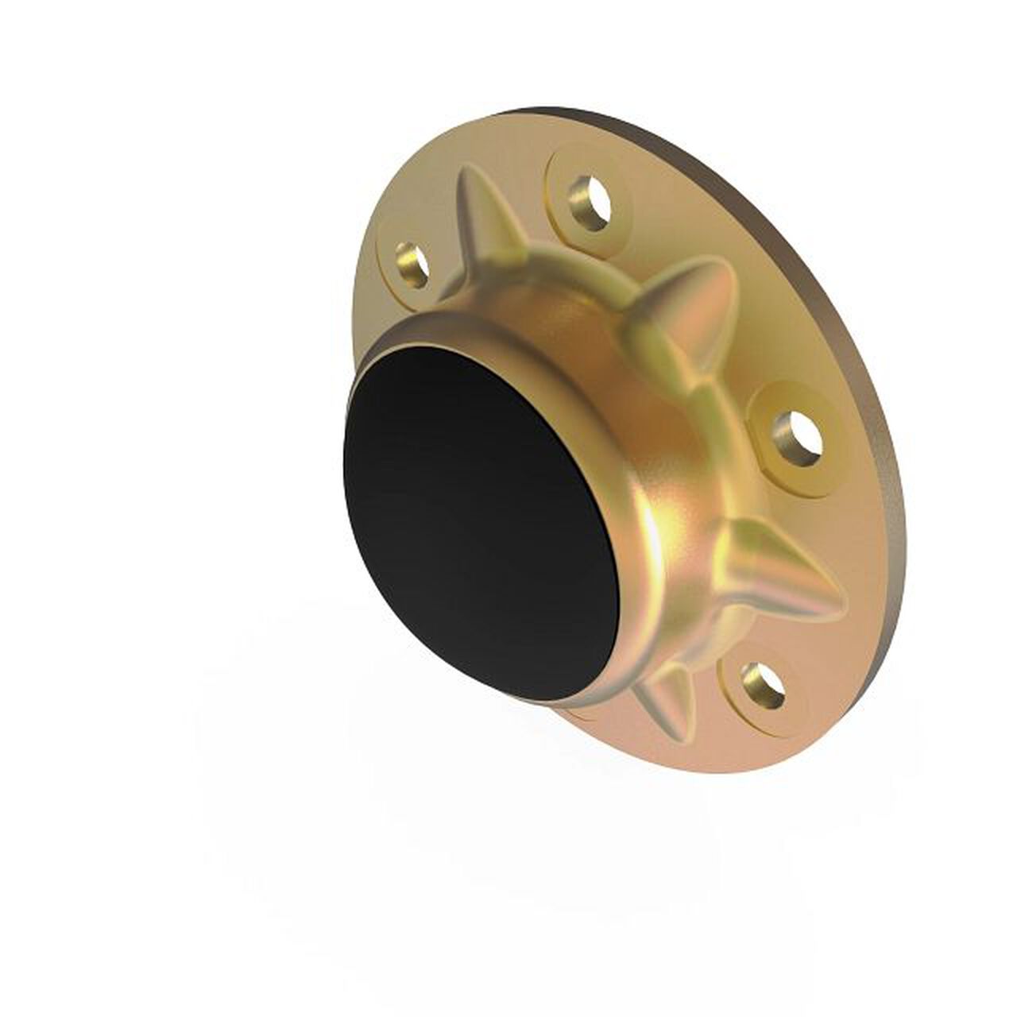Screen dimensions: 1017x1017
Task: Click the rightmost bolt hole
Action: (x=799, y=436)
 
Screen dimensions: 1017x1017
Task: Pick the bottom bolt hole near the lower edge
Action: (x=761, y=685)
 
